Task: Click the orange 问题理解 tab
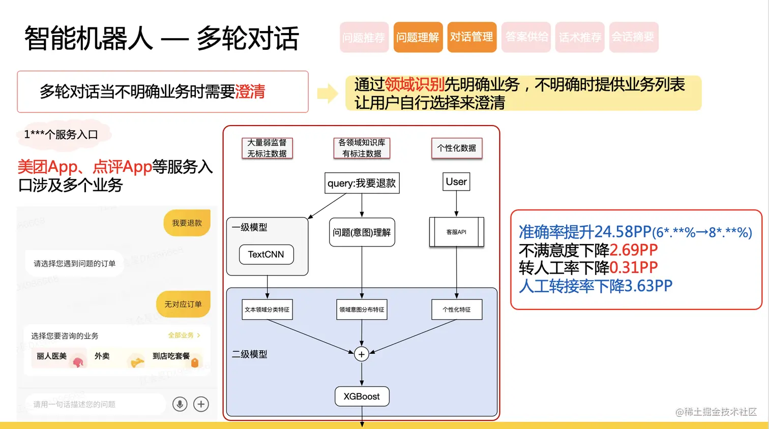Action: pos(418,37)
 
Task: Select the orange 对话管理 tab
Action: pos(471,37)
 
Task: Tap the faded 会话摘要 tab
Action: pos(633,37)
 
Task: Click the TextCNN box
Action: pos(266,255)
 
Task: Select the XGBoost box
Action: pos(362,396)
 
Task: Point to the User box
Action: pos(456,182)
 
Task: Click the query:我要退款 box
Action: pos(362,183)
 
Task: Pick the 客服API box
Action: pos(456,232)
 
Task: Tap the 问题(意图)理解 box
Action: pos(362,232)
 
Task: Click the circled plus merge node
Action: pos(362,354)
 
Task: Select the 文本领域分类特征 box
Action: pos(267,310)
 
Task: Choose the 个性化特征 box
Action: pos(456,310)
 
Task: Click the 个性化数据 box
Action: pos(456,148)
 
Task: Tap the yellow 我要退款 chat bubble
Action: pos(187,223)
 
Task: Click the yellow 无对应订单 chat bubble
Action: pos(183,304)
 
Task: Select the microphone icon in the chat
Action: pos(180,404)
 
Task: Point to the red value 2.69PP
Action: pos(633,250)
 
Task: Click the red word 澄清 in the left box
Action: pos(250,92)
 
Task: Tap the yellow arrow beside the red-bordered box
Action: pos(328,93)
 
